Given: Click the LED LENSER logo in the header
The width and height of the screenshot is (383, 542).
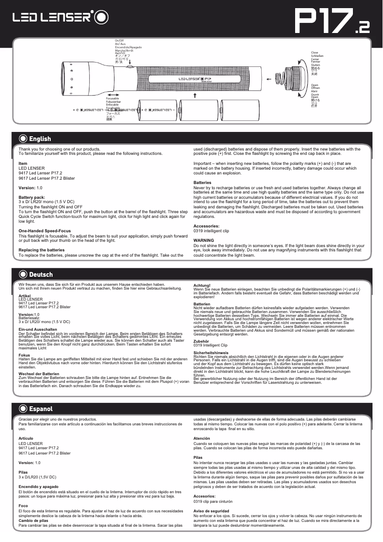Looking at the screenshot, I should pos(60,18).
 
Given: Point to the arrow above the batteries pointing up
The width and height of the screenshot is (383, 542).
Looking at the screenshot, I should pos(195,96).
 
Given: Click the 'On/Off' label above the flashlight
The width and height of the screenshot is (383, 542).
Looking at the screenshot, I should pos(120,41).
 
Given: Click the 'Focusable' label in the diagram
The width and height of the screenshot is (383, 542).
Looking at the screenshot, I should pos(112,98).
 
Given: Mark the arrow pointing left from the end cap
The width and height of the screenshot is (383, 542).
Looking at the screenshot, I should pos(270,79).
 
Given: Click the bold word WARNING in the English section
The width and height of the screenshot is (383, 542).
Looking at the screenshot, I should pos(204,240).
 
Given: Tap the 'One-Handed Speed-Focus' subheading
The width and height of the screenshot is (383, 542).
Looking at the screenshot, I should pos(44,231).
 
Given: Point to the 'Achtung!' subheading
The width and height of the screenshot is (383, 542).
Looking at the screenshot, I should pos(201,285).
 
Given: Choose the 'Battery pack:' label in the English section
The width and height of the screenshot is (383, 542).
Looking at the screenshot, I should pos(32,197).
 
